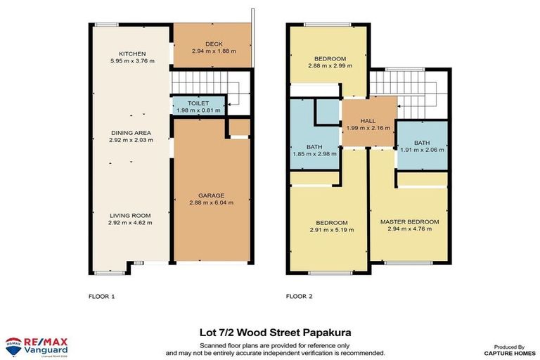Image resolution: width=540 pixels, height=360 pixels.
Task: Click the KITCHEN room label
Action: [131, 53]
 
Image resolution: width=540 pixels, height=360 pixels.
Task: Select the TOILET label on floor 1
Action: [198, 103]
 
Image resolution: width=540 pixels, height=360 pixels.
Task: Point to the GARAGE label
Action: [210, 195]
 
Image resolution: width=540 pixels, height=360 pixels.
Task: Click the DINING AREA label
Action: [131, 132]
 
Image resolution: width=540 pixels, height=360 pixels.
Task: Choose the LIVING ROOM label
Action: [131, 215]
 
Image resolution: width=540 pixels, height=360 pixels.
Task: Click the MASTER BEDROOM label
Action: [409, 222]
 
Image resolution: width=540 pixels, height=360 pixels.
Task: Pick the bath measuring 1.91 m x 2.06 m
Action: [421, 150]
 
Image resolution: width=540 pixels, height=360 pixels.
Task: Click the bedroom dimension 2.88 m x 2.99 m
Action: [330, 65]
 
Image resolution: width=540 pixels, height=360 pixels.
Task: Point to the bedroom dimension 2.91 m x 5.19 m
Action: [331, 229]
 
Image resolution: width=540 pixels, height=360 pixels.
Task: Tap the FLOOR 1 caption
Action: [102, 296]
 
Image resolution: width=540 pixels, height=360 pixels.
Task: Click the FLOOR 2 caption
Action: [299, 296]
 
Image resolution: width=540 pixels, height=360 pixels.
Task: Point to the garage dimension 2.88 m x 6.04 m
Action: [210, 202]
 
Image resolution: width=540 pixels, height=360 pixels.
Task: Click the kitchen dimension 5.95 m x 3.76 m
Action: [131, 61]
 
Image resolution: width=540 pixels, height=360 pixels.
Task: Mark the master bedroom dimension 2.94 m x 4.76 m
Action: [409, 230]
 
